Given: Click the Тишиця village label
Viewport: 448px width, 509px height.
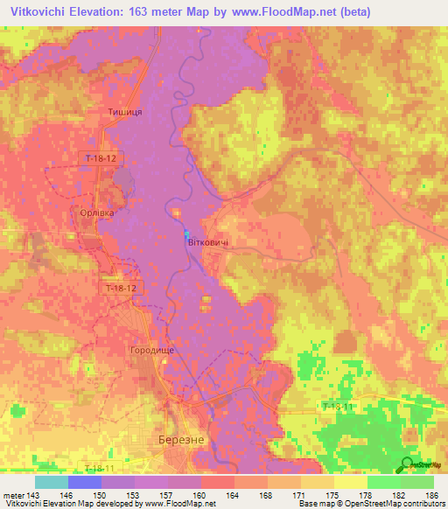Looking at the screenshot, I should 124,113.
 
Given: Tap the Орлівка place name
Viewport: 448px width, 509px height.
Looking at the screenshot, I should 92,213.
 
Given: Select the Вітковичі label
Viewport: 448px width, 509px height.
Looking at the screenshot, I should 210,242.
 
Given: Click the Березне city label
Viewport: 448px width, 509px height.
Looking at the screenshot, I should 179,442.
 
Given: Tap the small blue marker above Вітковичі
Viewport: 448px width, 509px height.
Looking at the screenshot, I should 186,234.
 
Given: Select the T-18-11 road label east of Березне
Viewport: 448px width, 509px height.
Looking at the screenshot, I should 339,408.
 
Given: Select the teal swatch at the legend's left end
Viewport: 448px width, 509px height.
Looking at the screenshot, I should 51,482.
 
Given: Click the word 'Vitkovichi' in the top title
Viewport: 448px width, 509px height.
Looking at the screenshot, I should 35,12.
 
